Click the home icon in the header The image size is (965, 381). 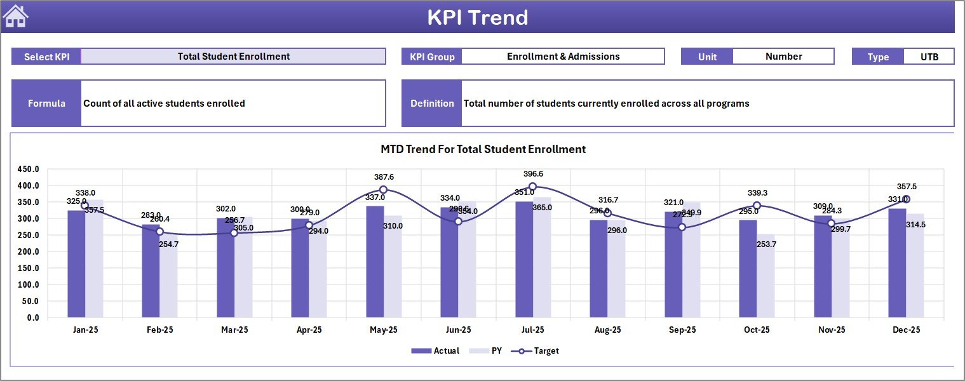click(16, 17)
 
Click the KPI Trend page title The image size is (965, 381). click(477, 17)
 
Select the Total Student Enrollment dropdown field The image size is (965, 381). click(233, 57)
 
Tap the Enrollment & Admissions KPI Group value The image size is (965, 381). click(563, 57)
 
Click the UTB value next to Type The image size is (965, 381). click(929, 57)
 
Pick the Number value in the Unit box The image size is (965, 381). click(783, 57)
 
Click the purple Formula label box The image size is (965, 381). click(46, 104)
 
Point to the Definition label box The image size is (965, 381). click(432, 104)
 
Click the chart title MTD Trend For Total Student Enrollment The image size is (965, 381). click(483, 149)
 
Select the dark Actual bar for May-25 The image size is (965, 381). click(375, 262)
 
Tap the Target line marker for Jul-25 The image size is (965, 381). click(532, 187)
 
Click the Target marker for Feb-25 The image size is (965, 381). click(159, 232)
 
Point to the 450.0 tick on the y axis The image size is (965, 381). click(28, 170)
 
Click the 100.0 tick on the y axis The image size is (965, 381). click(28, 284)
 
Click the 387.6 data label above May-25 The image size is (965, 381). click(384, 177)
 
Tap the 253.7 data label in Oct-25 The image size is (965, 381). click(766, 244)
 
